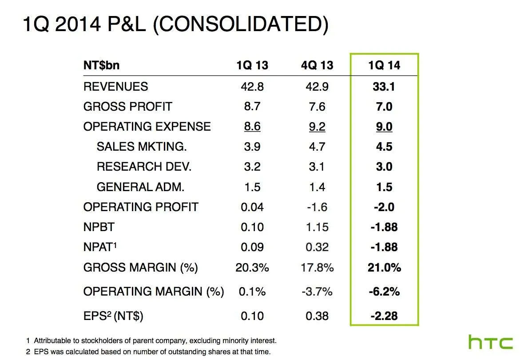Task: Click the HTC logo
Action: coord(491,343)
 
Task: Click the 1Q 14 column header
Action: coord(384,65)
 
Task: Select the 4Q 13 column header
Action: coord(317,65)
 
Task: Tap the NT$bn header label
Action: coord(101,65)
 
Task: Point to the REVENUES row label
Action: coord(115,86)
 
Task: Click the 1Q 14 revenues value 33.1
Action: coord(384,86)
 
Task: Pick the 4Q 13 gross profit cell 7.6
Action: coord(317,107)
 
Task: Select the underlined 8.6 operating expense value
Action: coord(252,127)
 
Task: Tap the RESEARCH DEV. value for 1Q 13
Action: coord(252,167)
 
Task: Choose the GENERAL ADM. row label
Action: coord(140,187)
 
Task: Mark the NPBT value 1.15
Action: coord(317,227)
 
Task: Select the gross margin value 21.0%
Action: coord(384,268)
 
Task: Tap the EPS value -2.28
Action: coord(384,316)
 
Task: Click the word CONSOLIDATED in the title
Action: coord(240,24)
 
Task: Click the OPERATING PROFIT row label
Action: coord(140,207)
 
